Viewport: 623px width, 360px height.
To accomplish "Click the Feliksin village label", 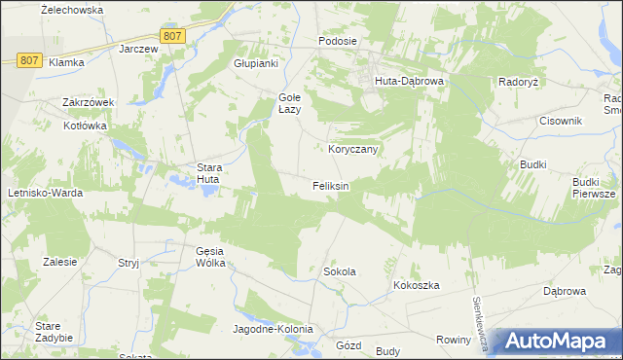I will pos(330,185).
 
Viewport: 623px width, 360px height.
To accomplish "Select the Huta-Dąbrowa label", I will pos(409,82).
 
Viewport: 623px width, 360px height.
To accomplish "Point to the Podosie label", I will pos(338,42).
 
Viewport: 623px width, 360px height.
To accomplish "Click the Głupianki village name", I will pos(256,63).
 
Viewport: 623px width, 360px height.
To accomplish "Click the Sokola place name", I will pos(339,271).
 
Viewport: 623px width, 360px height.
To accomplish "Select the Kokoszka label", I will pos(418,285).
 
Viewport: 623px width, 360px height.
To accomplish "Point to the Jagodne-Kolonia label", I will pos(272,329).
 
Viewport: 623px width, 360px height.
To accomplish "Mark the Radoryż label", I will pos(519,83).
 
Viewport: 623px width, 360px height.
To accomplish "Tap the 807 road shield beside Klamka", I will pos(29,60).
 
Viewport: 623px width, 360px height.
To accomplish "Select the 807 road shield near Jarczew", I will pos(172,36).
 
